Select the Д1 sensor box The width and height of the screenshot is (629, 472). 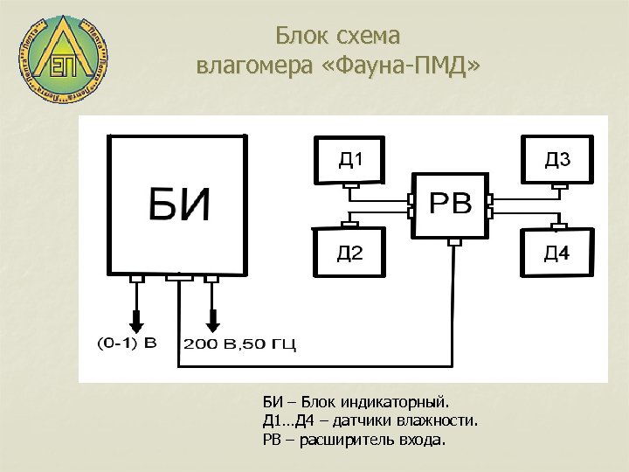(349, 160)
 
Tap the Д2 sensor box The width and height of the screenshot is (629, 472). (349, 253)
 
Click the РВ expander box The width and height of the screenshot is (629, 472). (452, 206)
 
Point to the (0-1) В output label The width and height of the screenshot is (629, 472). (127, 343)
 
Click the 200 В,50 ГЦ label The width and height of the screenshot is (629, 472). (238, 344)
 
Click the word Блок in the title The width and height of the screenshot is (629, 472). (301, 36)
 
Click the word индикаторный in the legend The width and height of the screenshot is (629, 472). (397, 403)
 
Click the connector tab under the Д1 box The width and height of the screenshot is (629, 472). (349, 186)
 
